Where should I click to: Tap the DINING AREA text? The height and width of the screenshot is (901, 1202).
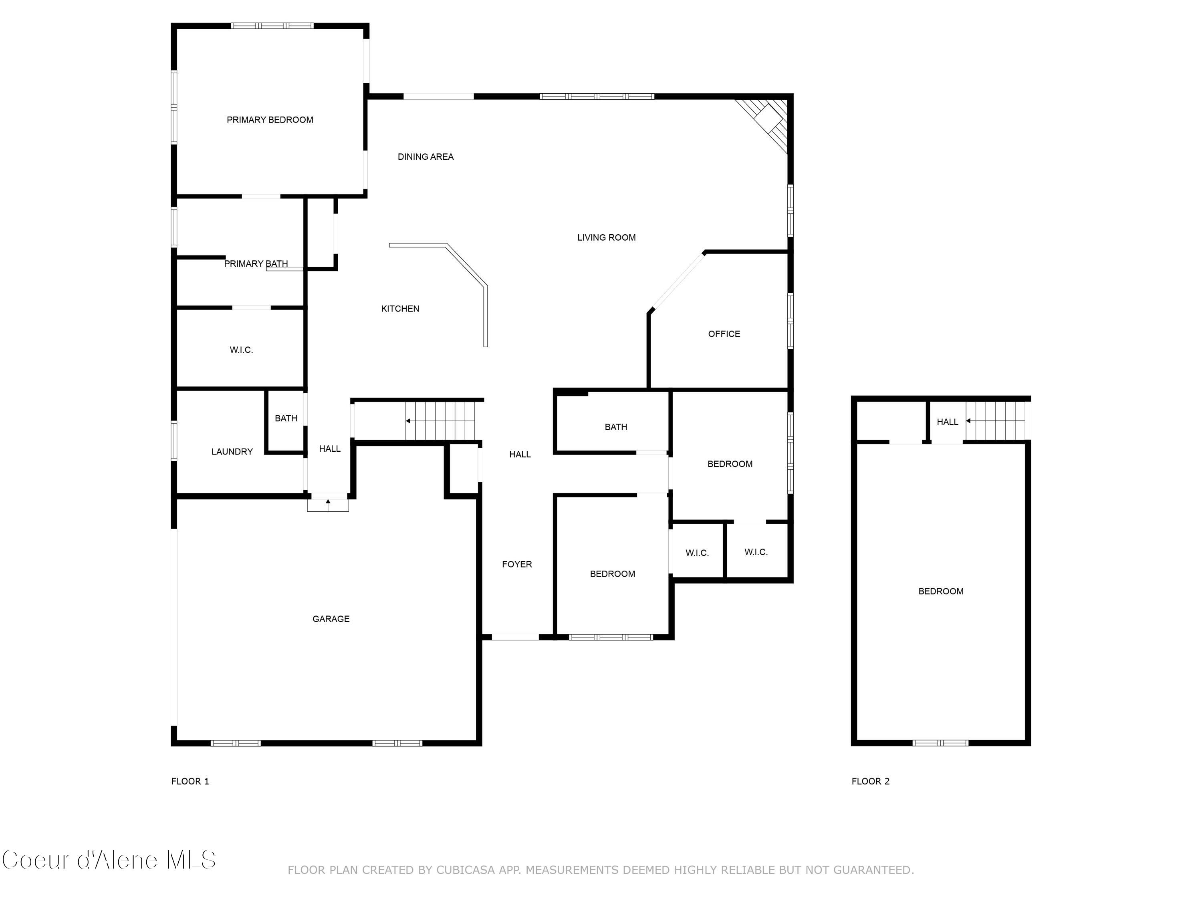[426, 157]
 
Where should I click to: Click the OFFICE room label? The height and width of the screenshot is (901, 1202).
[724, 334]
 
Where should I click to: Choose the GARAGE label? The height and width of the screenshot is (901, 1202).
[331, 619]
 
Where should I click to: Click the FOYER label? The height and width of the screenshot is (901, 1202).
[517, 564]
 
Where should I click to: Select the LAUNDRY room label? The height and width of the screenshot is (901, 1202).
[232, 452]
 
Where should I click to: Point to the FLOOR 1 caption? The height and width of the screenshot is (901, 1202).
[190, 781]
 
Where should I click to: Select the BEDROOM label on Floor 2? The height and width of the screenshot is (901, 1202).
[941, 591]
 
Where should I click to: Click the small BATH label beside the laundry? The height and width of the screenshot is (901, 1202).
[286, 418]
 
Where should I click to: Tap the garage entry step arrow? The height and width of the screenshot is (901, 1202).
[328, 503]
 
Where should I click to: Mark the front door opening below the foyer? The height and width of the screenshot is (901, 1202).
[515, 637]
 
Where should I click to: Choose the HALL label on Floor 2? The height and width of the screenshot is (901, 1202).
[947, 422]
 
